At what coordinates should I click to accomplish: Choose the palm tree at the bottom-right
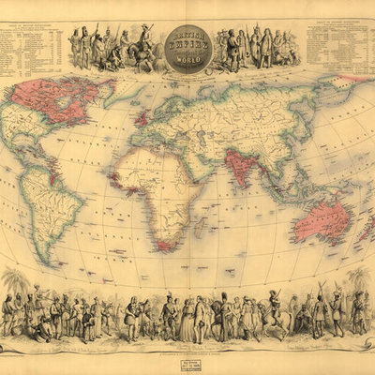click(358, 281)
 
